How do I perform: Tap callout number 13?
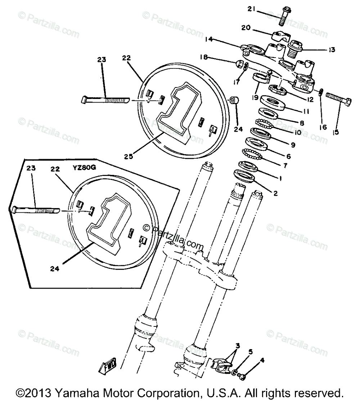tap(331, 50)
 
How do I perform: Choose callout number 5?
tap(250, 352)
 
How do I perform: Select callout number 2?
tap(275, 193)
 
